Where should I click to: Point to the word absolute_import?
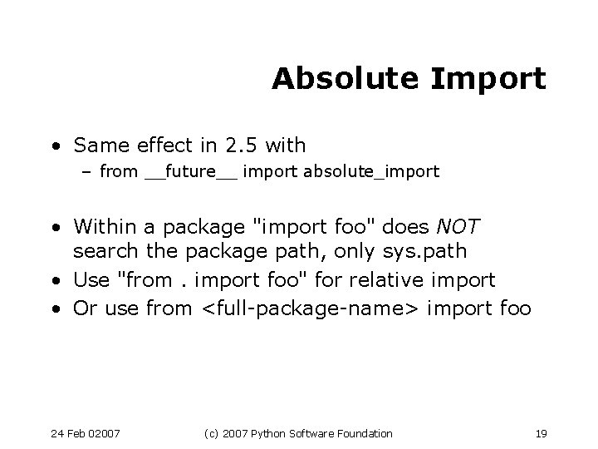(x=371, y=173)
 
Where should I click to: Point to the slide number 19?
(x=542, y=433)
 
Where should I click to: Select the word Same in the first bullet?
(x=97, y=146)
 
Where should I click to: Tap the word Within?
(x=100, y=226)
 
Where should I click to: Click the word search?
(x=100, y=250)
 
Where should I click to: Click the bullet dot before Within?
(x=55, y=227)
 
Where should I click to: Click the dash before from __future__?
(x=89, y=173)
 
